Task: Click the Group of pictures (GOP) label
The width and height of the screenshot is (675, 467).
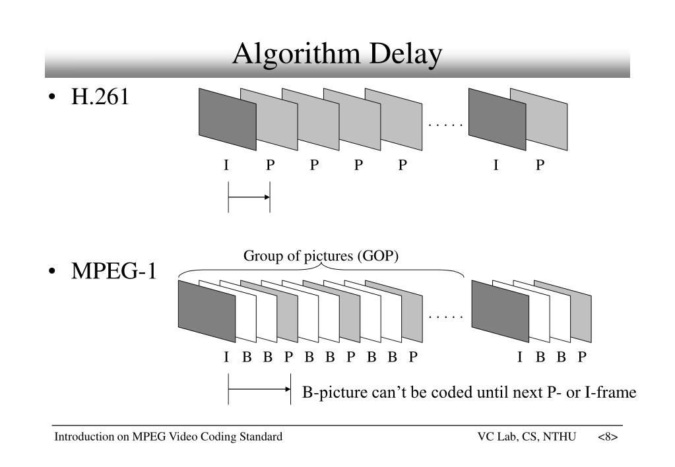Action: pyautogui.click(x=321, y=256)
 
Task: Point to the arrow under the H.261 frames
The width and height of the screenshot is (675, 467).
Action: pyautogui.click(x=249, y=197)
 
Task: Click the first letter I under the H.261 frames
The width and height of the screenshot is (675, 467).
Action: pyautogui.click(x=226, y=166)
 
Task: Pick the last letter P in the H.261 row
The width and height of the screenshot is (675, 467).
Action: pyautogui.click(x=540, y=166)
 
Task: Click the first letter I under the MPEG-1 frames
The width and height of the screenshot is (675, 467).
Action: pyautogui.click(x=226, y=358)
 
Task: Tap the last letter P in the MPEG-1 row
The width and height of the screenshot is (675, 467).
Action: pyautogui.click(x=582, y=358)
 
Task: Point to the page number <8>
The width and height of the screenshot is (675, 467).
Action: pyautogui.click(x=608, y=437)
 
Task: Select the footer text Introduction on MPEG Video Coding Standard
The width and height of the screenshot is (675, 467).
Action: pyautogui.click(x=168, y=437)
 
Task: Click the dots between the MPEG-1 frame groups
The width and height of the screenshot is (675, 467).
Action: pyautogui.click(x=446, y=317)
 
